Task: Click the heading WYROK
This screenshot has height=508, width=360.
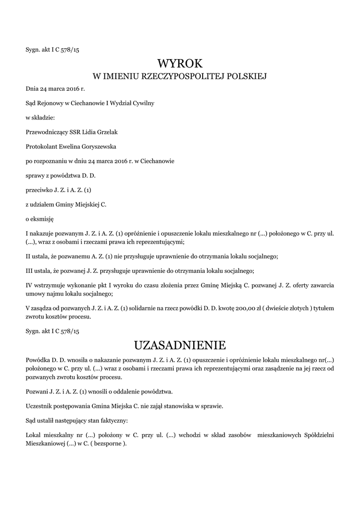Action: point(180,63)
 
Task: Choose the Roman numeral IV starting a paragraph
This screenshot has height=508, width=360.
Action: point(29,286)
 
